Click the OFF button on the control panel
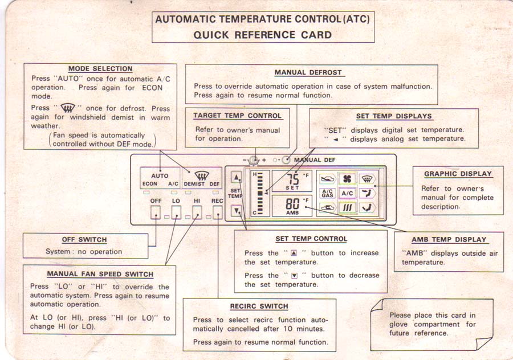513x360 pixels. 155,213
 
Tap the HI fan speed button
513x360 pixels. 197,213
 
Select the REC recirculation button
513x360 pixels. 217,213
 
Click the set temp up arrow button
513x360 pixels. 236,176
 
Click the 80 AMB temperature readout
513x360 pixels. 292,203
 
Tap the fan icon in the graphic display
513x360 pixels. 347,179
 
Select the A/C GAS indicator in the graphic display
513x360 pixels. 327,193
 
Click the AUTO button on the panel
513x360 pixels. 160,175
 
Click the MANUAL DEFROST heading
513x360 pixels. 308,72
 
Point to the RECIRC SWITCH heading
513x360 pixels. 259,306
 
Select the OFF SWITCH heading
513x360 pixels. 84,240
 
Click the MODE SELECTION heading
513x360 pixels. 100,69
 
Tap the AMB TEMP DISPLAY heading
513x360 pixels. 449,240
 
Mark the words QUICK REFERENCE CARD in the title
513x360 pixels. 262,35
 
